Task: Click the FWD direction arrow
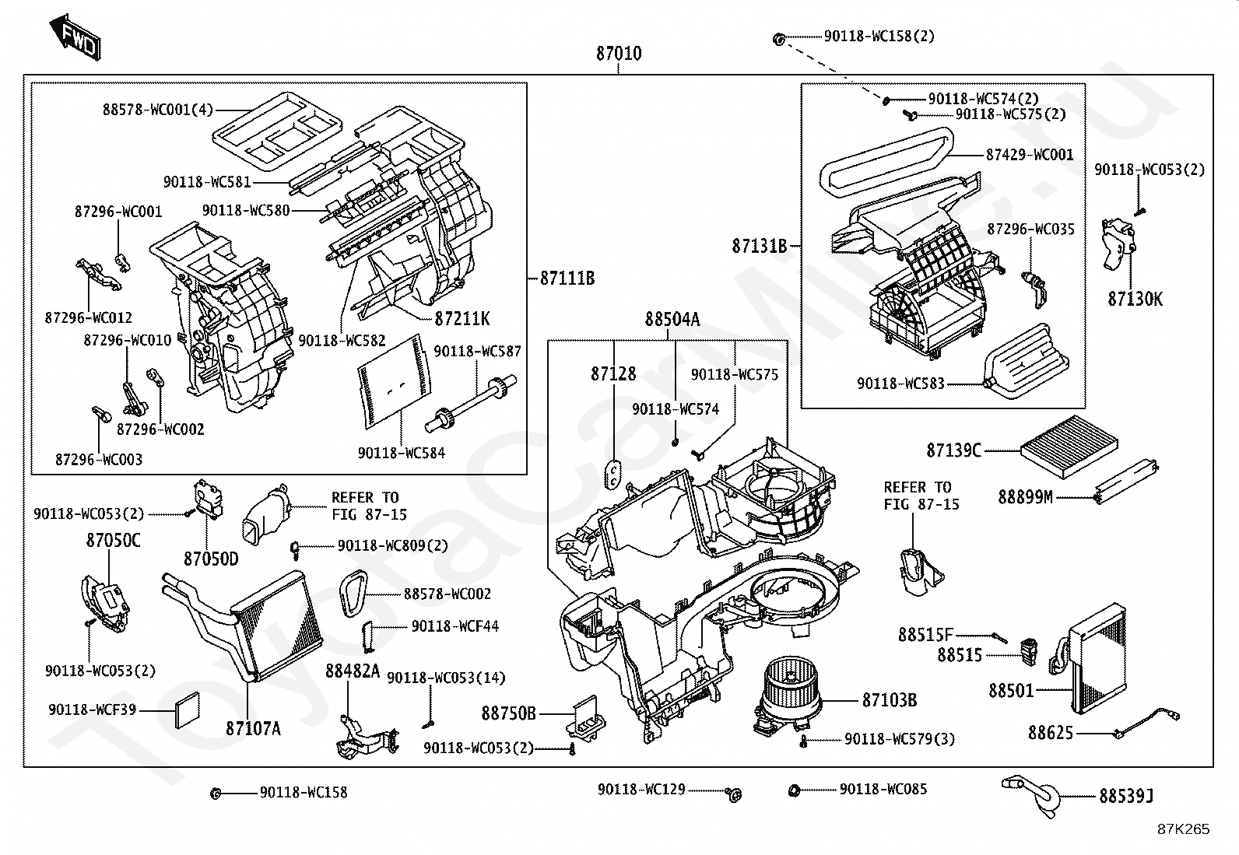[75, 37]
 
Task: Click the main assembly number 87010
[619, 54]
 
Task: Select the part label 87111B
[567, 278]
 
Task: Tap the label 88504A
[672, 319]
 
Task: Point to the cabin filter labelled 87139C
[1069, 447]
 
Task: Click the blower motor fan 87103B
[788, 696]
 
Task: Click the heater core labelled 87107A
[244, 625]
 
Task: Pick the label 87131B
[759, 246]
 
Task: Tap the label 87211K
[462, 318]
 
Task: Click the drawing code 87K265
[1184, 829]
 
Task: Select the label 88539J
[1126, 796]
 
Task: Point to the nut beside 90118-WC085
[794, 790]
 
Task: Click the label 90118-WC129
[641, 789]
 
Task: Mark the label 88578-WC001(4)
[158, 110]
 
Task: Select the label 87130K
[1135, 300]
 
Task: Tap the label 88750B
[508, 713]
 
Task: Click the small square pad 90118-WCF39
[188, 710]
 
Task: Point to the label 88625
[1051, 733]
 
